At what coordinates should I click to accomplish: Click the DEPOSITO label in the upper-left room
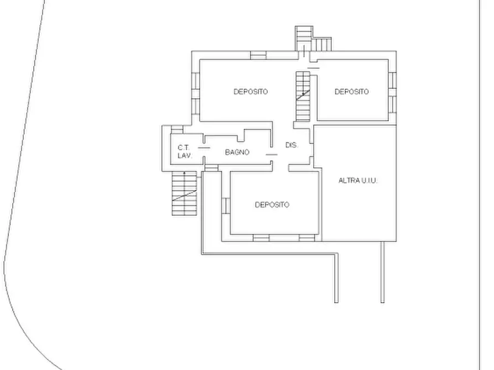251,92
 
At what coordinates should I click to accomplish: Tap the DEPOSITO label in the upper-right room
352,92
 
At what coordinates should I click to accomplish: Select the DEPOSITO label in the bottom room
272,205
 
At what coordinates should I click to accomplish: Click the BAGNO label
237,152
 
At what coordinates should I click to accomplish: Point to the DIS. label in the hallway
292,145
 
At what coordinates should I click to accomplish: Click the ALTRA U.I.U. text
358,181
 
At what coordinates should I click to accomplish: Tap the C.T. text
184,147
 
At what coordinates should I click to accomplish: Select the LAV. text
185,155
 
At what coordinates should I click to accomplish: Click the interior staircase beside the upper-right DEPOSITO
303,96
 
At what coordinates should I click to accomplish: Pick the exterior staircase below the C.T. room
184,193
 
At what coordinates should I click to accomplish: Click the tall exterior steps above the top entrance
304,39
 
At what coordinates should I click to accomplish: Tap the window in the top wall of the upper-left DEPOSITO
258,55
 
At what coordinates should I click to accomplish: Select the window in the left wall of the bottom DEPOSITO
226,205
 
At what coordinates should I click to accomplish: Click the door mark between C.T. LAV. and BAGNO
204,148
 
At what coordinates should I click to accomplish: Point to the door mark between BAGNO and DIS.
272,155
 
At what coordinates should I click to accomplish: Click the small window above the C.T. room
177,130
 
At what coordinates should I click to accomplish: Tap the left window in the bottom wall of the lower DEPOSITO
261,238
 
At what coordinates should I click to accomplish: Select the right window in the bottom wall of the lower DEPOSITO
307,238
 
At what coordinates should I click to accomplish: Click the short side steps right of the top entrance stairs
322,44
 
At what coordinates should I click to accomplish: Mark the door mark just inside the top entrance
314,68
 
